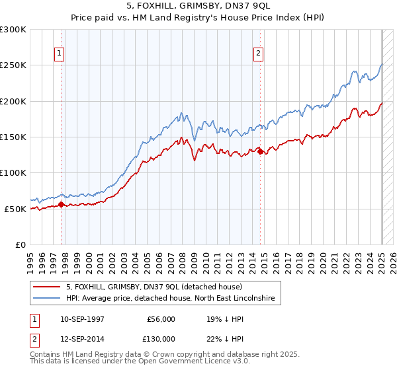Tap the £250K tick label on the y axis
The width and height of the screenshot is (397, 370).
(x=13, y=65)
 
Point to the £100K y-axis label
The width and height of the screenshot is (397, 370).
(x=13, y=173)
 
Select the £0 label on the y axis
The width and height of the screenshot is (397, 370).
(x=21, y=244)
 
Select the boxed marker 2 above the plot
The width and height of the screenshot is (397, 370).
(x=258, y=54)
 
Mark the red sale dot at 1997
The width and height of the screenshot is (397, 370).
(x=62, y=204)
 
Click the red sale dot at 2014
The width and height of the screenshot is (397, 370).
(x=260, y=151)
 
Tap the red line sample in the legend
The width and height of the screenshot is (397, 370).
(x=46, y=287)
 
